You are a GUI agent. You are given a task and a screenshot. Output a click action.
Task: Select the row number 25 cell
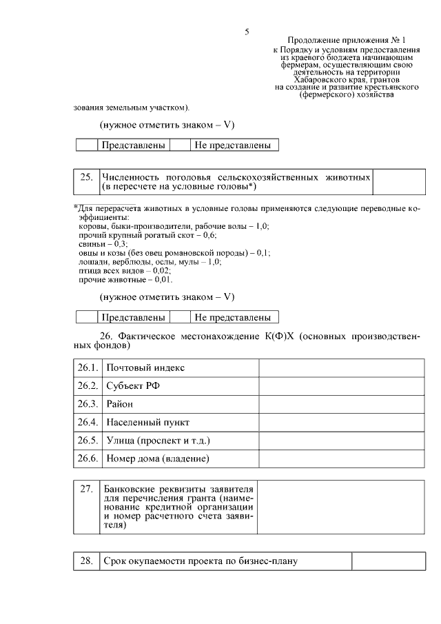click(x=86, y=182)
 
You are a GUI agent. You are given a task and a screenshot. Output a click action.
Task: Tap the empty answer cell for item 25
click(x=394, y=182)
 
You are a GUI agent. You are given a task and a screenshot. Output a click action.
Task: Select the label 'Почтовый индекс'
click(x=145, y=368)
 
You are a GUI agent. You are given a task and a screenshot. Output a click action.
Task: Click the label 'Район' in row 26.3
click(x=119, y=403)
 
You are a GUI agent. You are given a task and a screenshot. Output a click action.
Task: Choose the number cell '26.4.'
click(x=87, y=421)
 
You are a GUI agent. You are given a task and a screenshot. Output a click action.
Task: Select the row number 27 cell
click(x=86, y=507)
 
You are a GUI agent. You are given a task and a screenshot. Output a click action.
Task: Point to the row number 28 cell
click(x=86, y=561)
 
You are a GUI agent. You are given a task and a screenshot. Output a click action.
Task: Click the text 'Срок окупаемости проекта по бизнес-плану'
click(x=201, y=561)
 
